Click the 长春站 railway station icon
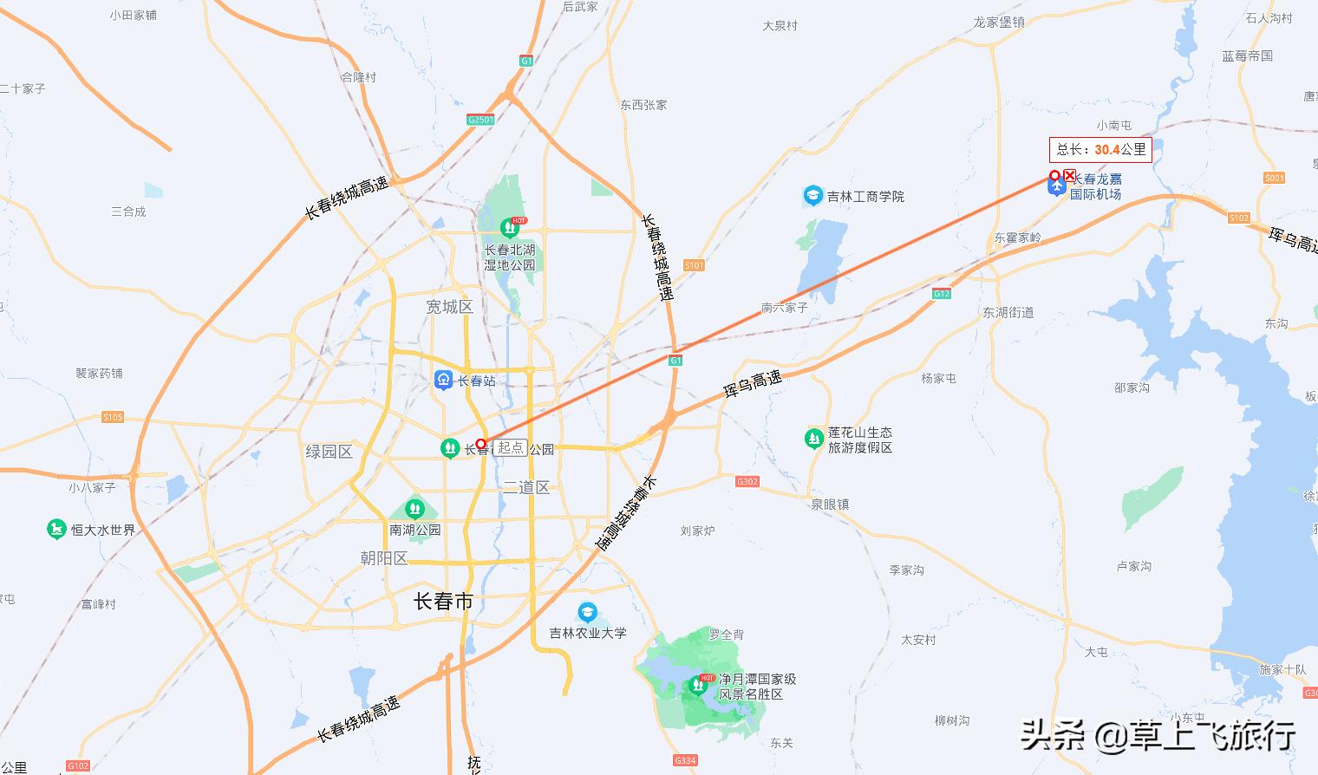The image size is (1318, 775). pos(443,380)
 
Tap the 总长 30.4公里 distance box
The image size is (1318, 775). pos(1100,150)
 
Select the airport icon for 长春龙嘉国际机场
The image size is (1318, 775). pos(1056,187)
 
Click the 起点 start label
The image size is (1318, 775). pos(511,447)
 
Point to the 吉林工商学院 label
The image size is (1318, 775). pos(865,197)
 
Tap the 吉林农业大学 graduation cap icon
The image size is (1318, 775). pos(588,612)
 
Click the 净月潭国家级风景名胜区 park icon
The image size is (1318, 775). pos(698,686)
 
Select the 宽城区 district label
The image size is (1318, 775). pos(449,307)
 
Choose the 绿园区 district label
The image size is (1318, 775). pos(329,452)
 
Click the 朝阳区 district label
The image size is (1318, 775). pos(384,558)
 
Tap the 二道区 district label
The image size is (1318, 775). pos(526,487)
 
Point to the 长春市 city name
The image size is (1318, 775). pos(443,601)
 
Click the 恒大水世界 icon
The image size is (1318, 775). pos(57,529)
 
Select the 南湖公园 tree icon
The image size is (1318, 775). pos(414,508)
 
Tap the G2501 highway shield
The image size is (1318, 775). pos(480,120)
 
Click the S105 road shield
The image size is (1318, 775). pos(113,417)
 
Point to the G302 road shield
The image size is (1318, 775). pos(747,481)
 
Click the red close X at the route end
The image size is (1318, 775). pos(1070,175)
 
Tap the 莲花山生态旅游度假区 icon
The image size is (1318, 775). pos(813,439)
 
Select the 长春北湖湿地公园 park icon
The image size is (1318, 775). pos(509,228)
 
